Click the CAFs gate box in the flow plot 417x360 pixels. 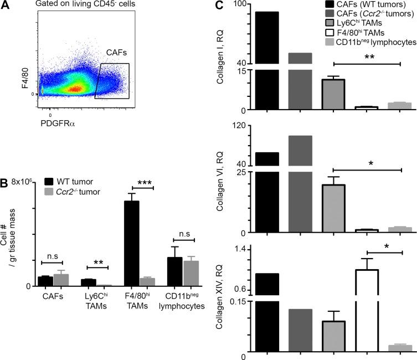(112, 81)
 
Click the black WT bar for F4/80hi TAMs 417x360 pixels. (132, 243)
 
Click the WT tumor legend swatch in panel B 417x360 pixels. (49, 181)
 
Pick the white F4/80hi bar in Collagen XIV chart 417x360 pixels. (366, 310)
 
